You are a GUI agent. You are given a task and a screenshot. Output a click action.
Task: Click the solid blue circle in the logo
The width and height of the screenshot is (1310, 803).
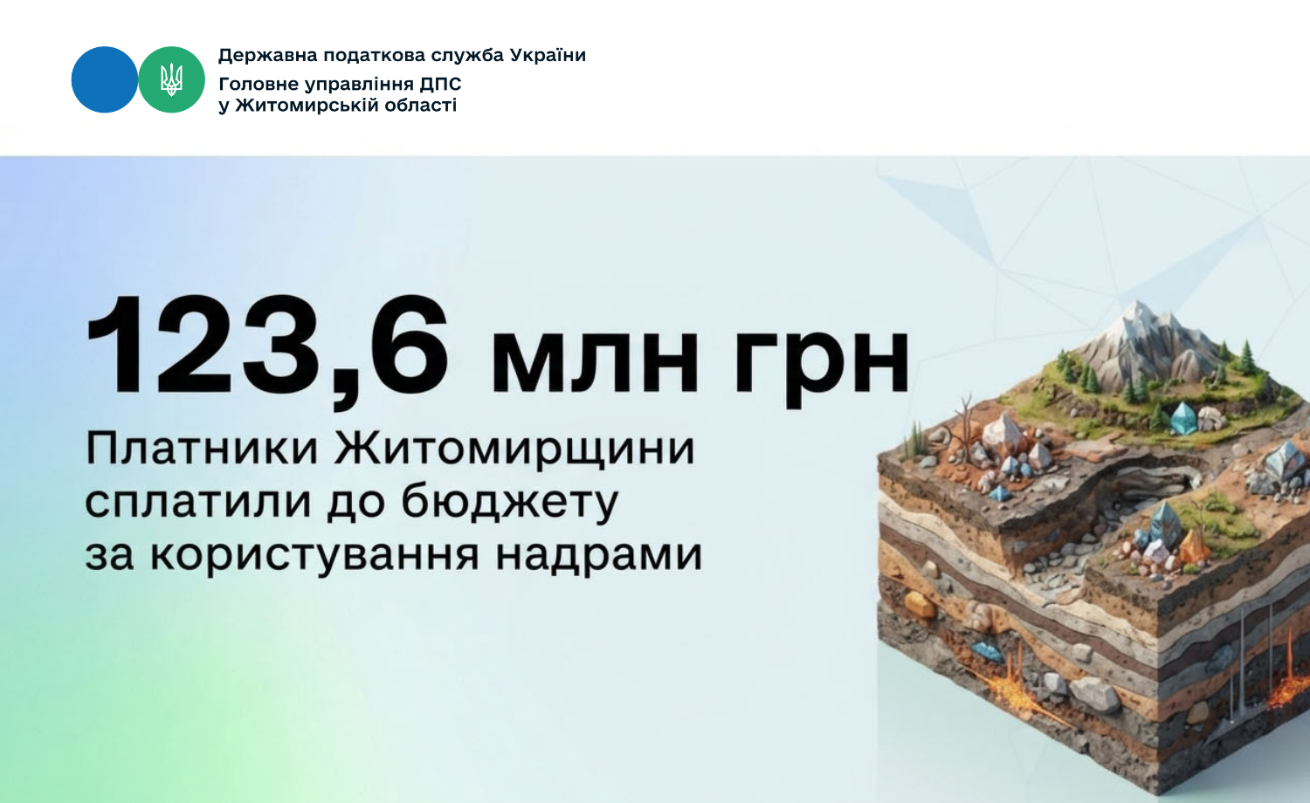click(105, 79)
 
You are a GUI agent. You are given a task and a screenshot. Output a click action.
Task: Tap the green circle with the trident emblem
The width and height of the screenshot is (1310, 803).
click(171, 79)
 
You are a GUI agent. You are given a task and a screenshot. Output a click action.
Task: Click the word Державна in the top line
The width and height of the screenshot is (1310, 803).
click(268, 56)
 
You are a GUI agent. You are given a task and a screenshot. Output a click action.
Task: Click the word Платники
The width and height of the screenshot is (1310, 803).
click(202, 449)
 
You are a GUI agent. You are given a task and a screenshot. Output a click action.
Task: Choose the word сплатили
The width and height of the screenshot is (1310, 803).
click(197, 502)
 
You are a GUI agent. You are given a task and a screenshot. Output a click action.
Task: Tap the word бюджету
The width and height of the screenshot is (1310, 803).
click(509, 501)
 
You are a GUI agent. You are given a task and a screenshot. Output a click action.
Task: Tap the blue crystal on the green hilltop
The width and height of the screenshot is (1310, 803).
click(1183, 418)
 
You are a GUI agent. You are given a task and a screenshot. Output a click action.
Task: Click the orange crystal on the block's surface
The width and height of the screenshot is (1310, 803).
click(1193, 546)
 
